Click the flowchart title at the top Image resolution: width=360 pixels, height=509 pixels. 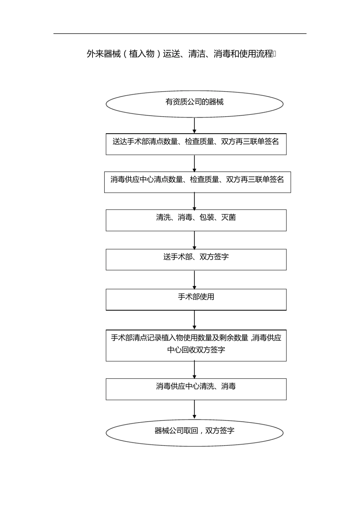coord(181,54)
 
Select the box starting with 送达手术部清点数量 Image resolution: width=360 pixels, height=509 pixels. coord(196,144)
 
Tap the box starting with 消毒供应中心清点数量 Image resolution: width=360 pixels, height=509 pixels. coord(197,182)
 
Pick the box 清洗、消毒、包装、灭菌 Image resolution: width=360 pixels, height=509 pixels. coord(196,220)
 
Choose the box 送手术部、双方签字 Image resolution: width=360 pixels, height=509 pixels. coord(196,259)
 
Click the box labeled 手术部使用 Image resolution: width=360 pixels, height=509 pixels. coord(196,300)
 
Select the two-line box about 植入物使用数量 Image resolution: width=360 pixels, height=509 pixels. coord(196,345)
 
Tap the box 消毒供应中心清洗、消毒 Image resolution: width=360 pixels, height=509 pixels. coord(196,389)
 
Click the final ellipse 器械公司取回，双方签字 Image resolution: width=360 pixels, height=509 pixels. coord(194,432)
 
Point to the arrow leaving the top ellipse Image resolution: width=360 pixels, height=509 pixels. coord(194,125)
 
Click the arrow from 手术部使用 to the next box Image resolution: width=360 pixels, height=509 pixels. coord(194,320)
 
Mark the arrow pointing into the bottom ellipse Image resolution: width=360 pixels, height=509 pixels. coord(194,409)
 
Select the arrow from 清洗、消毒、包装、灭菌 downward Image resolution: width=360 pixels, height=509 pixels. coord(194,240)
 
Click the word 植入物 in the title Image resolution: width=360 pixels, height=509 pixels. coord(142,54)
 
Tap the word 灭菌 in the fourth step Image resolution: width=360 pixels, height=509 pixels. coord(229,217)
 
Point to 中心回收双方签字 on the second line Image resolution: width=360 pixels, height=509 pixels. coord(196,350)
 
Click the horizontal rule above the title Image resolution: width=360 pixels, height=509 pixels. coord(180,34)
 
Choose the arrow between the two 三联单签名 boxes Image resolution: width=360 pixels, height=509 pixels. coord(194,163)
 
